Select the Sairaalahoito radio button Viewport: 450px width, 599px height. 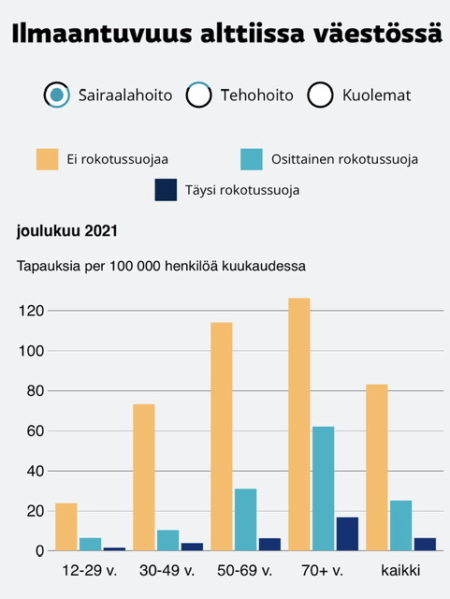tap(56, 95)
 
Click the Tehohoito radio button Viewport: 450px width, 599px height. tap(198, 95)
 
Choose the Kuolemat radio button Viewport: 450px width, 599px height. tap(320, 95)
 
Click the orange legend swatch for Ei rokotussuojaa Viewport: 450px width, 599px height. tap(48, 159)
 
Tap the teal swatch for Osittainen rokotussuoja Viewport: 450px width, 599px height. tap(252, 159)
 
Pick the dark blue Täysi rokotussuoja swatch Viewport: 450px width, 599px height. tap(166, 190)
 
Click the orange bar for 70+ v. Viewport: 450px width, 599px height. tap(299, 424)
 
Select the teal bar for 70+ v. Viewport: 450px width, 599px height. tap(323, 489)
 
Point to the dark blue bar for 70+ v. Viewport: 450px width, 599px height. tap(347, 533)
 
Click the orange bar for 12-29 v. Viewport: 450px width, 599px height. tap(66, 527)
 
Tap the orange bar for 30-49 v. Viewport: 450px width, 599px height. tap(144, 477)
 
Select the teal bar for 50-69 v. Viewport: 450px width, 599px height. tap(246, 519)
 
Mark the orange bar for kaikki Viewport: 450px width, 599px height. tap(377, 467)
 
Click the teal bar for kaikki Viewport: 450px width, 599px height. tap(401, 525)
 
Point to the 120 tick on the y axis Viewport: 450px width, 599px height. tap(31, 311)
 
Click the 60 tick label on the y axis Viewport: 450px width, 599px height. tap(36, 431)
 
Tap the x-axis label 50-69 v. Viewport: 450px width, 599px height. tap(244, 571)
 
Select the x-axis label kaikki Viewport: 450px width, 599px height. tap(400, 570)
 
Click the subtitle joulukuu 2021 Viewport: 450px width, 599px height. tap(67, 231)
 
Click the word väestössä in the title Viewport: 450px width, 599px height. tap(378, 34)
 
